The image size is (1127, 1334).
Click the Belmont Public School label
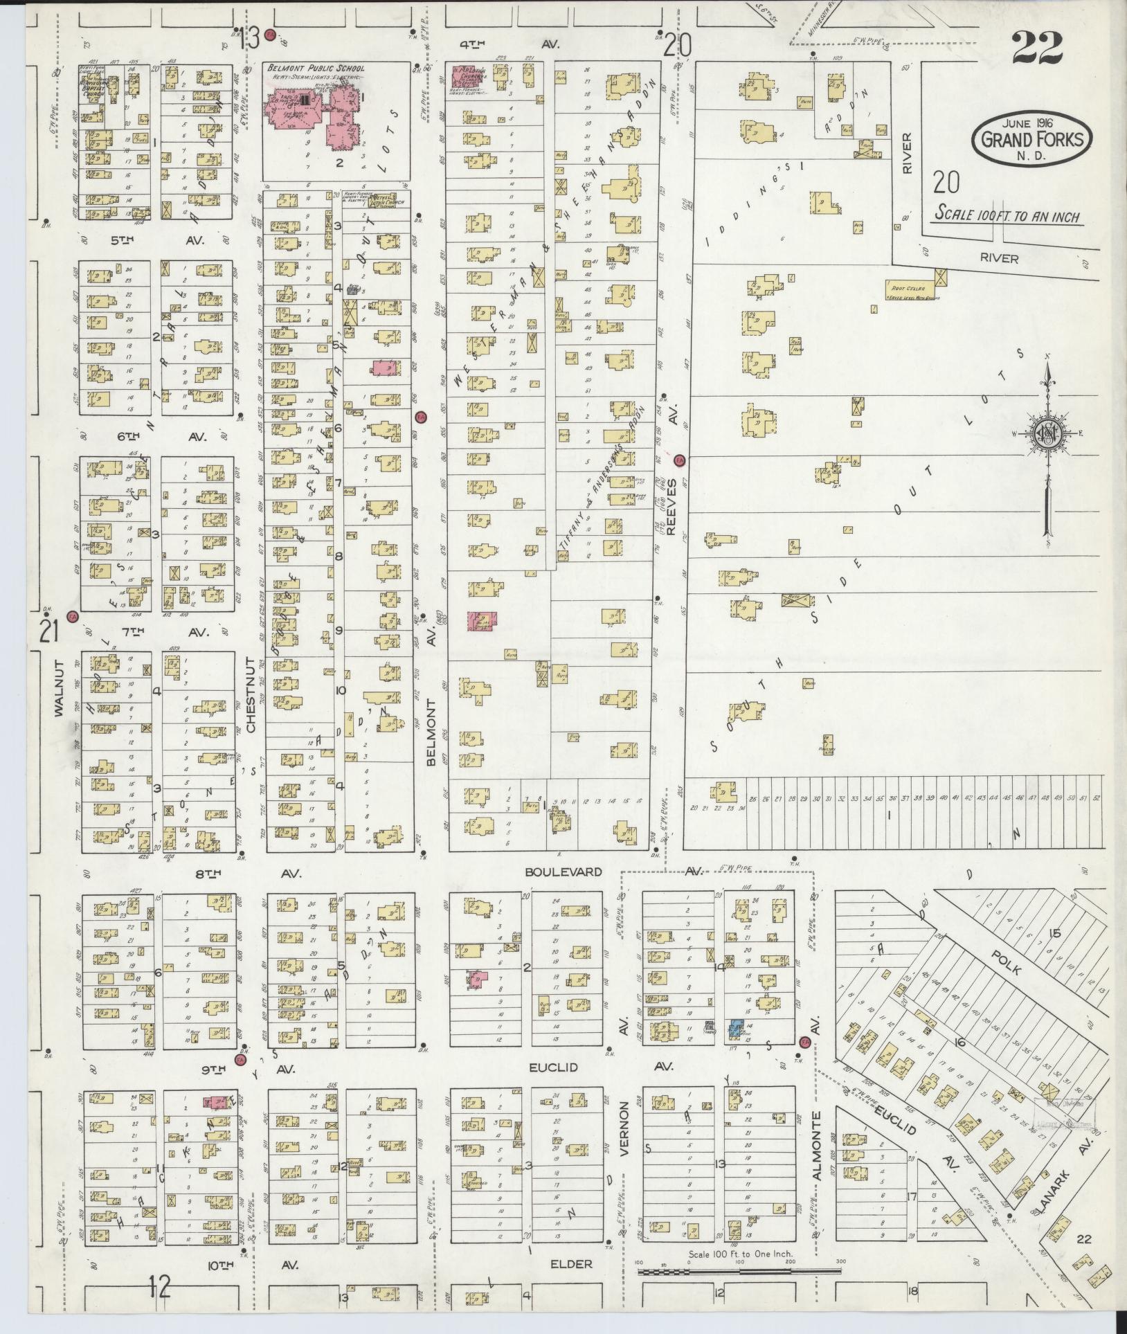320,69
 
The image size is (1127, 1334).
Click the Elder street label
571,1264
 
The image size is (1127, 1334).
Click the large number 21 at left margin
47,631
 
